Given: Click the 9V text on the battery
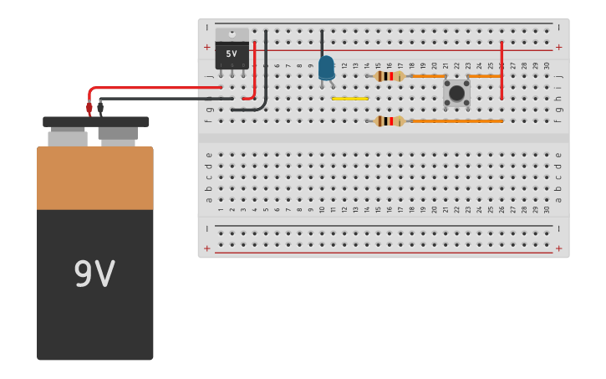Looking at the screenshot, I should coord(94,274).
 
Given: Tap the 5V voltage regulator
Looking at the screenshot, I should coord(232,51).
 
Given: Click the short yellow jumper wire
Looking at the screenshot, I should coord(349,99).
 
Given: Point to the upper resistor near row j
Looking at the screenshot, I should coord(389,76).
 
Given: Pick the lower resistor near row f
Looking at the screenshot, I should coord(389,121).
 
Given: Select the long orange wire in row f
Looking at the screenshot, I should coord(456,121).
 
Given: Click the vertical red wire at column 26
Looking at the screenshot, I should coord(502,71).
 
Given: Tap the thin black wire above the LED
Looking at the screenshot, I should coord(322,42).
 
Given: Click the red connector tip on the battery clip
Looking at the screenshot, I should coord(89,109).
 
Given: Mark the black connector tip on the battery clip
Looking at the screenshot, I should coord(100,108).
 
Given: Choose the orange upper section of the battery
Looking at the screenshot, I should coord(94,177).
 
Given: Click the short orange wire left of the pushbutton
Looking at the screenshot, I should coord(428,76).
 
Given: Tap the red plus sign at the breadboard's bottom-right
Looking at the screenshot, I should coord(558,248).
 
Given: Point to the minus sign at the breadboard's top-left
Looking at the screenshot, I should coord(207,28).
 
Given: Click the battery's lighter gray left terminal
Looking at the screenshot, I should coord(68,138).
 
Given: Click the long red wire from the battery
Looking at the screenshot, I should coord(150,87).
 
